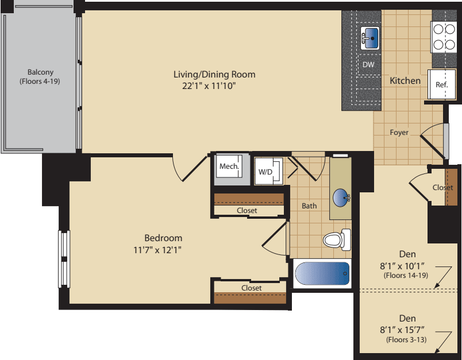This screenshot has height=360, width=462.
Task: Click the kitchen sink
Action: coord(371,38)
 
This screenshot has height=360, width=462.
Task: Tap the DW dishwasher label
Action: coord(368,64)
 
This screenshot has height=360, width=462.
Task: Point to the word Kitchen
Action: coord(405,81)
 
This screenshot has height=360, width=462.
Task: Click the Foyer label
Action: coord(399,133)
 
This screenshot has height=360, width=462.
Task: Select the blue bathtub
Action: coord(322,274)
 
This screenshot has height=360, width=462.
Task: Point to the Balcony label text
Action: coord(40,72)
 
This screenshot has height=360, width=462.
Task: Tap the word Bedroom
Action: coord(163,238)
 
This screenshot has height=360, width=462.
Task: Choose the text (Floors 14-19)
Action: coord(405,276)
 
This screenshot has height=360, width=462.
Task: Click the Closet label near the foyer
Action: coord(442,188)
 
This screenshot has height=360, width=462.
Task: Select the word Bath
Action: coord(309,206)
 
